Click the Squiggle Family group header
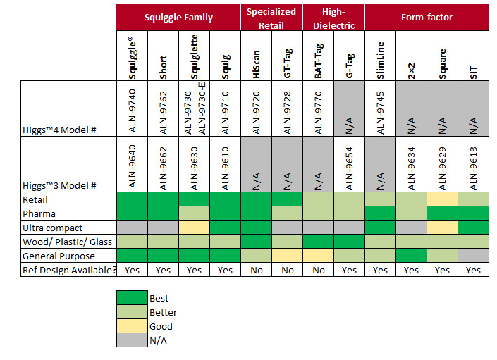point(178,18)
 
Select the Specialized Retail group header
point(271,17)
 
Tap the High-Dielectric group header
point(332,17)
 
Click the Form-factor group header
point(427,18)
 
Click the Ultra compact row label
point(53,228)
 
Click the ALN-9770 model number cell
point(317,109)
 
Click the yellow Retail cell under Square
point(441,199)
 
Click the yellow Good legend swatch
point(132,326)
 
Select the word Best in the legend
point(159,299)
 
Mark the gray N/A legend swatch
point(132,340)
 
